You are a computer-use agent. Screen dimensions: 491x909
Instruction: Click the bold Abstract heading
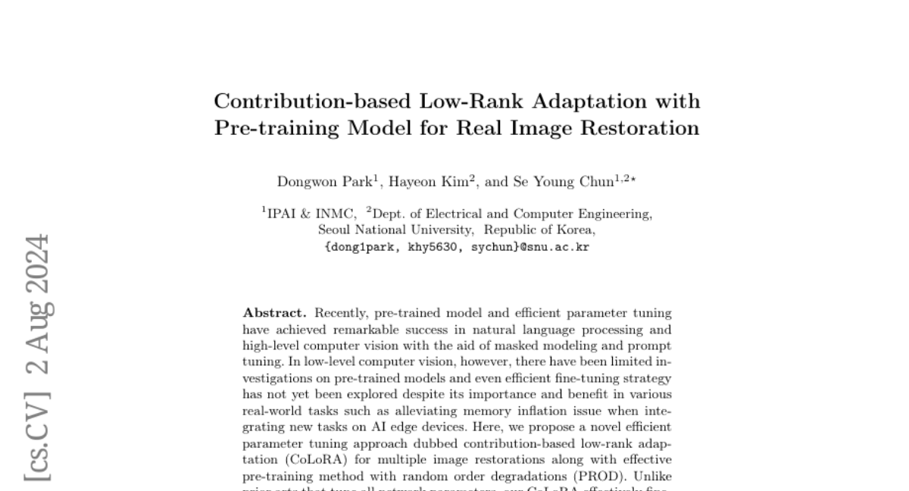coord(274,313)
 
